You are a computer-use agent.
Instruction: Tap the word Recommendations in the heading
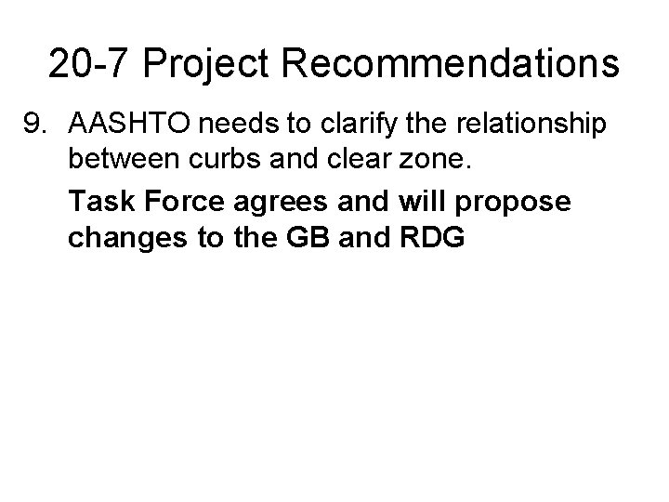tap(453, 64)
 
